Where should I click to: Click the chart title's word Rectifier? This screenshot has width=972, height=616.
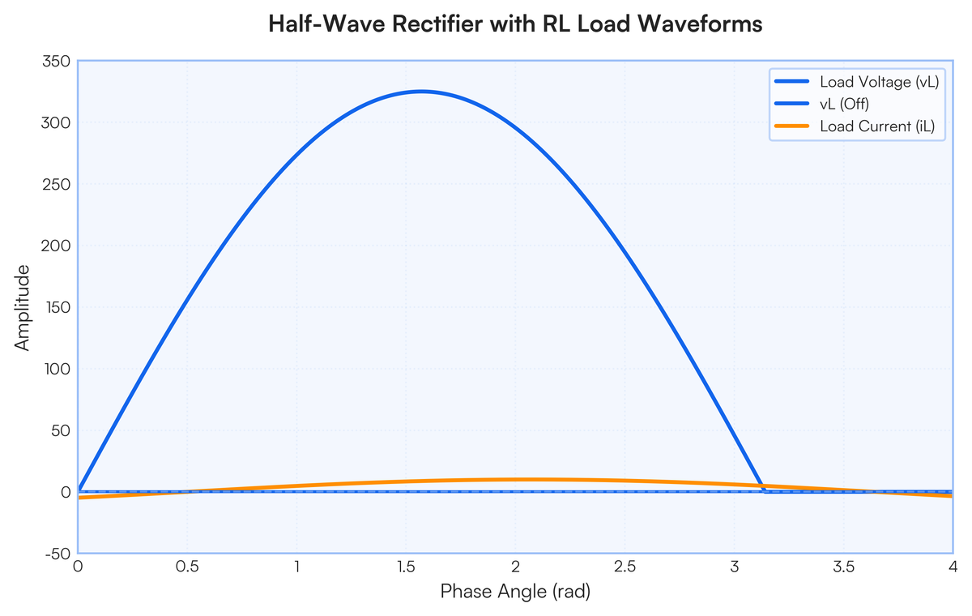point(437,24)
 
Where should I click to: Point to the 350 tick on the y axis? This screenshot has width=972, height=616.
point(57,62)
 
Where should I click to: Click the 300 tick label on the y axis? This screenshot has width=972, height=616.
point(56,123)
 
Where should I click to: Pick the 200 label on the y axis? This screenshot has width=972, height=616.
point(56,246)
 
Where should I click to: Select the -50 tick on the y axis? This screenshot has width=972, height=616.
point(58,554)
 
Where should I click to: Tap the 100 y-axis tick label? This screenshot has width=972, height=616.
point(58,369)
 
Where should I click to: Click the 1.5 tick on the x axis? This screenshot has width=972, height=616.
point(406,567)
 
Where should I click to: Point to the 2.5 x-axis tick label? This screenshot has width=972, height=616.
point(625,567)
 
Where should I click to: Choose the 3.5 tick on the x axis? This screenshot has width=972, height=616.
point(843,567)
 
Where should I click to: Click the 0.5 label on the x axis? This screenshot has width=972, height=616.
point(187,567)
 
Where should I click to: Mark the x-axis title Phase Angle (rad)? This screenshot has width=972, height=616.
point(515,591)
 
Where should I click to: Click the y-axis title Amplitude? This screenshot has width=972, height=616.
point(22,307)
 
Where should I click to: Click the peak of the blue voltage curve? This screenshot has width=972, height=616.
point(422,92)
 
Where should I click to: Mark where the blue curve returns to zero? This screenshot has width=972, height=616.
point(765,491)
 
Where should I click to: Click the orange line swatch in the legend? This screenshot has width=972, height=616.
point(792,126)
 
